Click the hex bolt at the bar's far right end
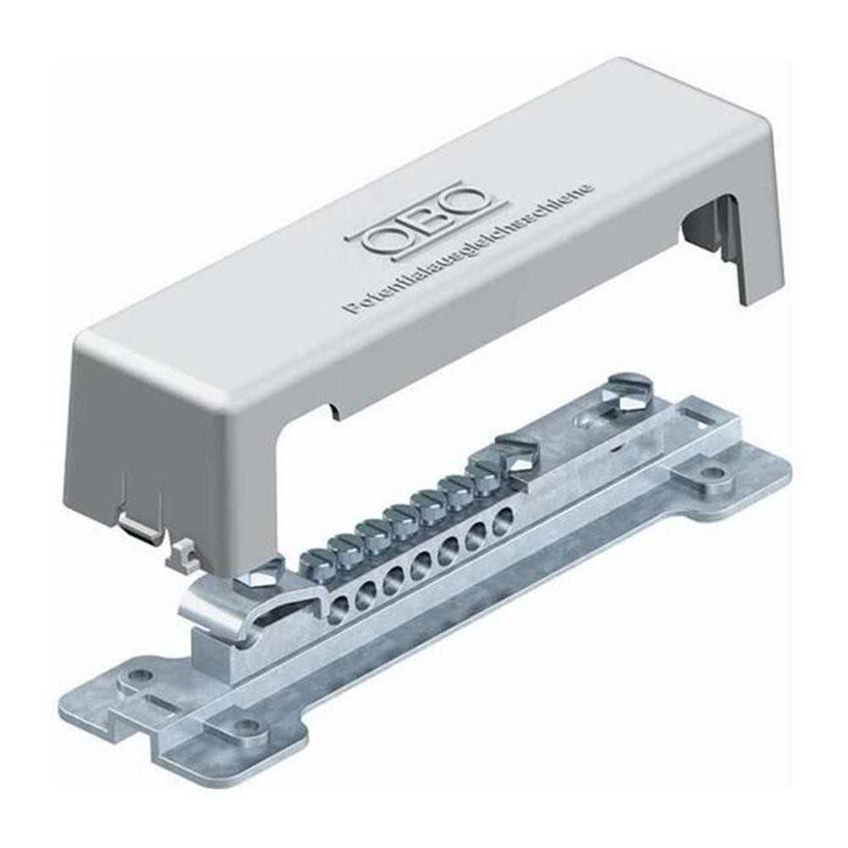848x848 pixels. (632, 389)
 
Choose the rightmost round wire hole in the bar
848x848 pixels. (503, 518)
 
